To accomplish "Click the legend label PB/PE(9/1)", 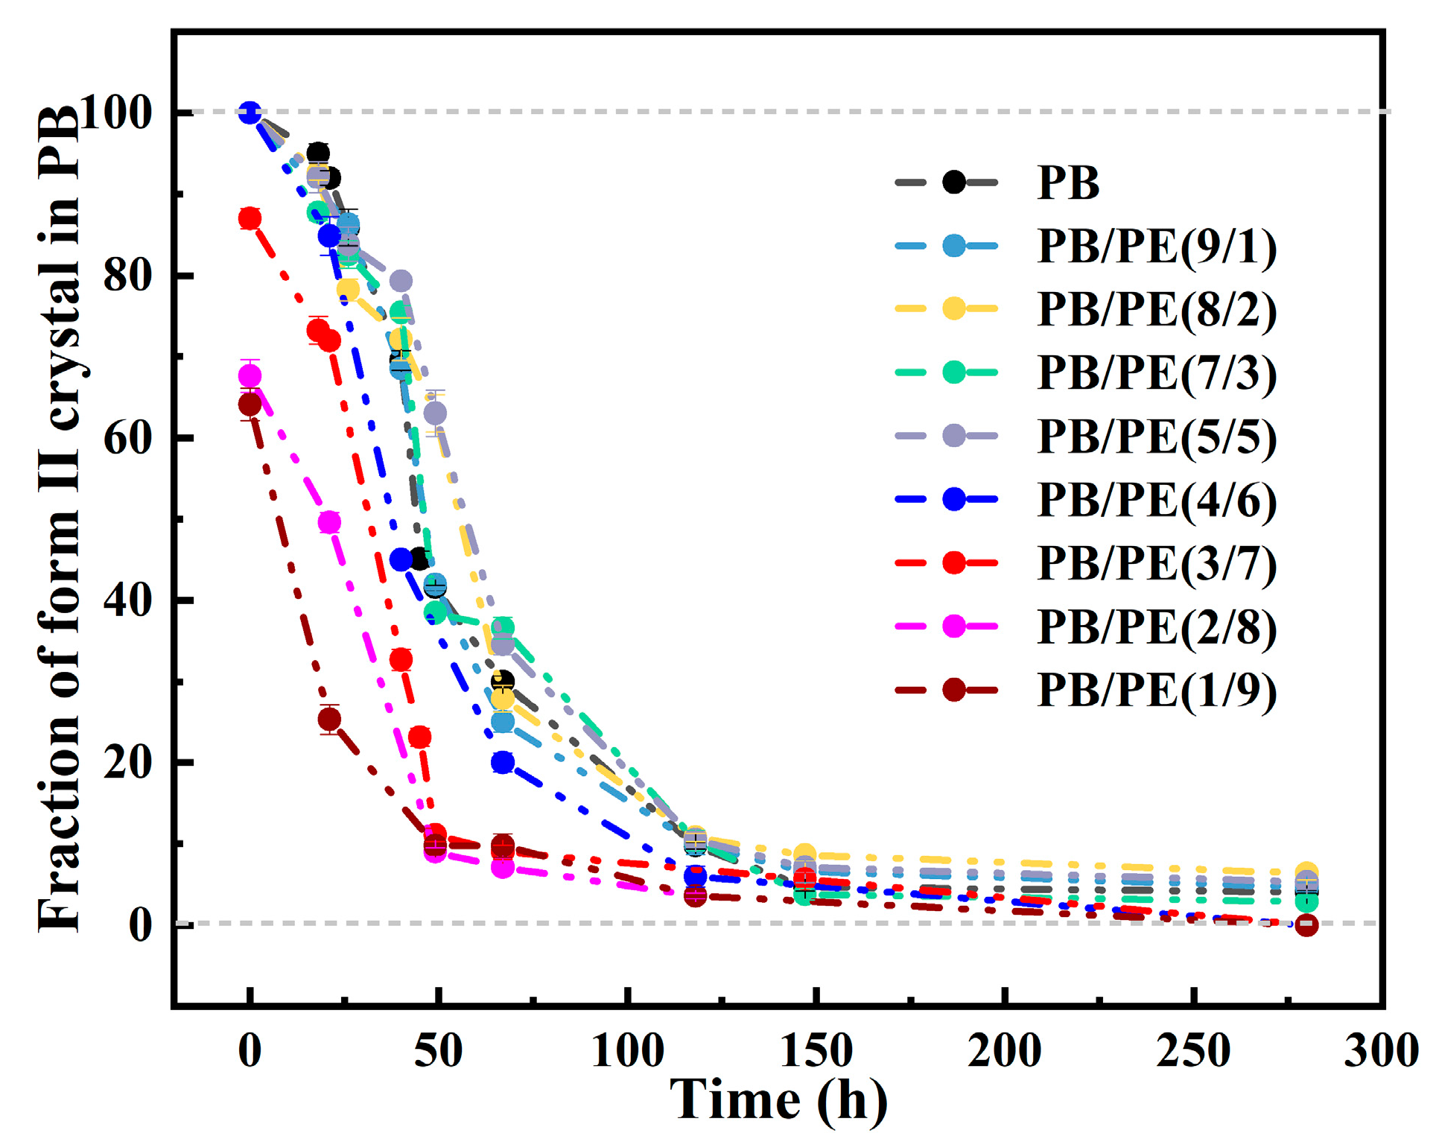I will pos(1156,247).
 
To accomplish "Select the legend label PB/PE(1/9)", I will pos(1156,691).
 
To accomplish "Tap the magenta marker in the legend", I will pos(953,626).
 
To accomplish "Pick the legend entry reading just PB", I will pos(1068,183).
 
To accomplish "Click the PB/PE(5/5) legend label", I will pos(1156,437).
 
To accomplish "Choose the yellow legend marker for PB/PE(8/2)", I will pos(953,309).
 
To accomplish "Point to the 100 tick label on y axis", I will pos(115,112).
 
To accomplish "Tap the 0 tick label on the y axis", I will pos(140,924).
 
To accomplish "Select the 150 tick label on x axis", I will pos(816,1051).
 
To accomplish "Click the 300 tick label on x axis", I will pos(1380,1051).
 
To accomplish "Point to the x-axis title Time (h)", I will pos(778,1099).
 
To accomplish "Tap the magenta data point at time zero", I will pos(250,375).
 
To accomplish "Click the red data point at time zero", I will pos(250,218).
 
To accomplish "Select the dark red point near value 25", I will pos(329,719).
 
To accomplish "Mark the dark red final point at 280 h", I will pos(1306,924).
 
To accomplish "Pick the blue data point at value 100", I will pos(250,112).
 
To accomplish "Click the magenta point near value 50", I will pos(329,522).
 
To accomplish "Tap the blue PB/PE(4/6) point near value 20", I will pos(503,762).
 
